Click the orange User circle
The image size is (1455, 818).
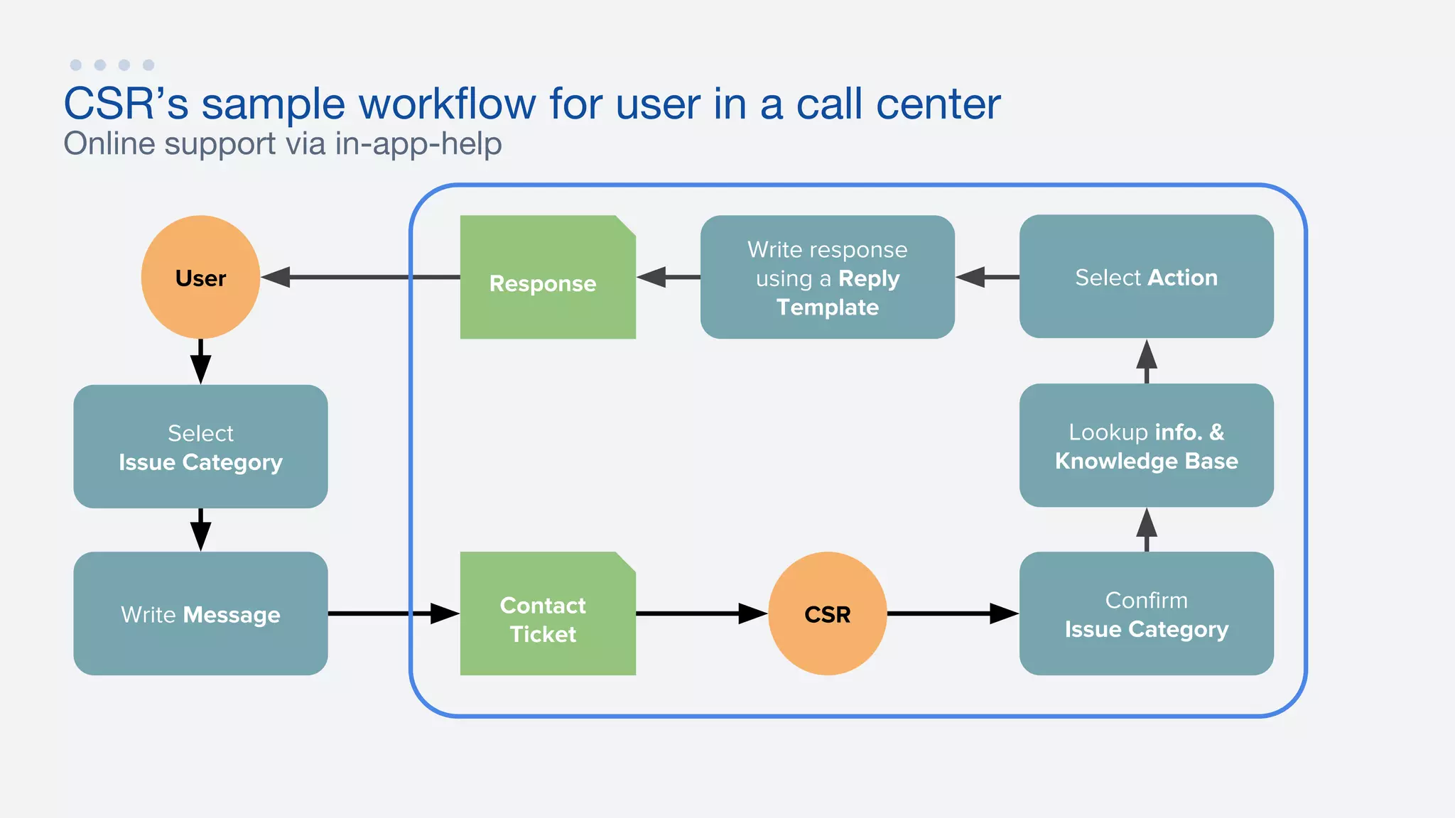click(200, 277)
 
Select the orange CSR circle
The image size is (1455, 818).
click(827, 613)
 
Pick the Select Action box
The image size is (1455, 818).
click(1146, 277)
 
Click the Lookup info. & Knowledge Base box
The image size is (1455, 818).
click(1146, 445)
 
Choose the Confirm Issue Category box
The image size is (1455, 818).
click(1146, 613)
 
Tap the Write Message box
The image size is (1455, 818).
click(200, 613)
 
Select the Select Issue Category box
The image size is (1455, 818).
click(200, 447)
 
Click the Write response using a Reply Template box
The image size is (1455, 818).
click(827, 277)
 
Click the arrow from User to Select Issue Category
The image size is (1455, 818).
click(200, 361)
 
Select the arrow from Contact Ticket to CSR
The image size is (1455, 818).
click(701, 613)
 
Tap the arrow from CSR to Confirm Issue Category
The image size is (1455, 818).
click(952, 613)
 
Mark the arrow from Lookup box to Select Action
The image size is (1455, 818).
click(1146, 361)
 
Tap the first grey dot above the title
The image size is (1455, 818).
click(76, 65)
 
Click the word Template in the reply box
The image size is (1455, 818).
click(827, 307)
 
